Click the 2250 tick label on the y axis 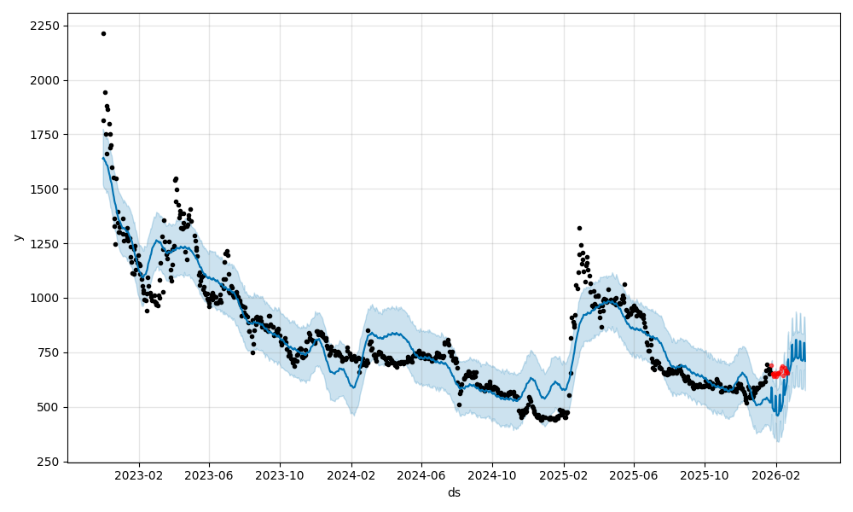pyautogui.click(x=45, y=26)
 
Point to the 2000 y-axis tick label pyautogui.click(x=45, y=80)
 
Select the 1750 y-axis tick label pyautogui.click(x=45, y=135)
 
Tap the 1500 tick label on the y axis pyautogui.click(x=45, y=189)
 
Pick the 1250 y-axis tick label pyautogui.click(x=45, y=244)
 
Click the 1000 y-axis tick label pyautogui.click(x=45, y=299)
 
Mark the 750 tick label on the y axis pyautogui.click(x=48, y=352)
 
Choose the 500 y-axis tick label pyautogui.click(x=48, y=407)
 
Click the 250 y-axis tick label pyautogui.click(x=48, y=462)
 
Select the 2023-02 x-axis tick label pyautogui.click(x=139, y=475)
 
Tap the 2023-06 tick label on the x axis pyautogui.click(x=210, y=475)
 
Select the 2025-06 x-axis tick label pyautogui.click(x=635, y=475)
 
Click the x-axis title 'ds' pyautogui.click(x=454, y=492)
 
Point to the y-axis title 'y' pyautogui.click(x=17, y=237)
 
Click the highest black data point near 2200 pyautogui.click(x=103, y=33)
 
